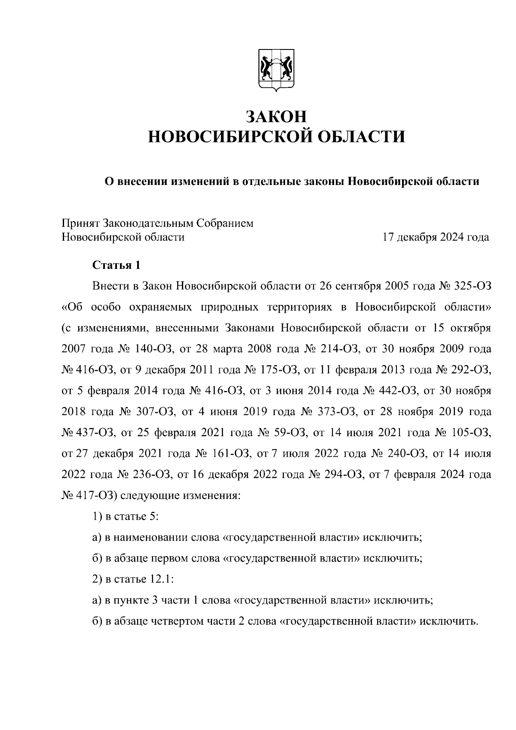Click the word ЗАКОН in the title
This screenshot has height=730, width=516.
[x=276, y=117]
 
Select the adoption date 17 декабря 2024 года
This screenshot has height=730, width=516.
[x=436, y=237]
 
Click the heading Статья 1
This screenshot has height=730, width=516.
[x=117, y=265]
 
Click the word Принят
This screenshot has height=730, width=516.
[x=80, y=223]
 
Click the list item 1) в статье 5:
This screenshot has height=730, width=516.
[x=126, y=516]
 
